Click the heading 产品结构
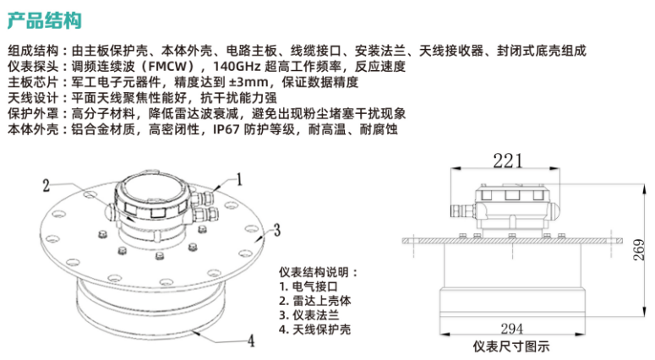click(45, 21)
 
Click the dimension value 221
click(508, 161)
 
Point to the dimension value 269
click(640, 250)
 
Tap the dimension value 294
click(511, 329)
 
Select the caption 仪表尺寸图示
click(511, 346)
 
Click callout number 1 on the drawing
click(239, 180)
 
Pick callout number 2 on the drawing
click(46, 186)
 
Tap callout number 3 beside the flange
click(277, 230)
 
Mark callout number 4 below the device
click(251, 341)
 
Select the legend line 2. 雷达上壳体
click(315, 301)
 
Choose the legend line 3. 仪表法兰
click(308, 315)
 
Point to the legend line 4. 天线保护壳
click(315, 329)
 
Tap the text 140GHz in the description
click(237, 67)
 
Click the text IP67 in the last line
click(226, 129)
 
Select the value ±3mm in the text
click(248, 82)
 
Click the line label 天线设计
click(33, 98)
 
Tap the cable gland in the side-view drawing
click(462, 210)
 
